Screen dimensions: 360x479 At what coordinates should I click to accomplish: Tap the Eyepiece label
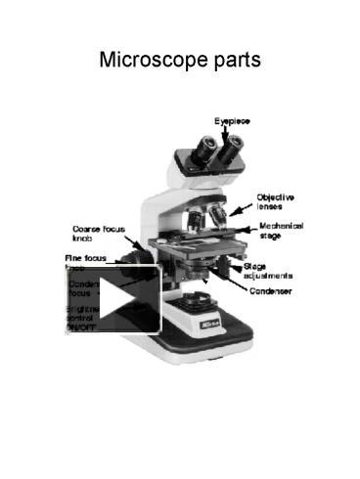[232, 120]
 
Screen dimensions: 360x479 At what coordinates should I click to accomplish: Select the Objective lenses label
[276, 201]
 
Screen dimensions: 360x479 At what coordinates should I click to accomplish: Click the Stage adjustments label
[267, 270]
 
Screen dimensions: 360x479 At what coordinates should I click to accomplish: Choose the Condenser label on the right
[269, 290]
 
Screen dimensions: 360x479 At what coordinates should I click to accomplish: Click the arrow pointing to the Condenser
[231, 283]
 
